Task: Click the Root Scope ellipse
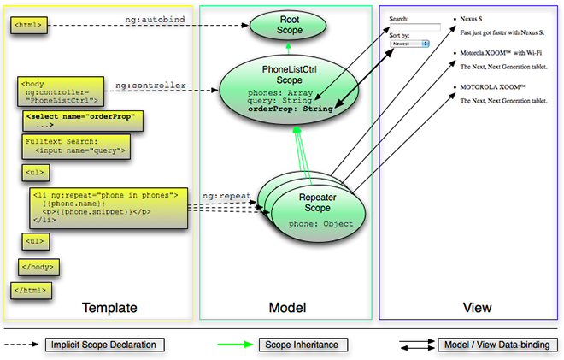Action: pyautogui.click(x=282, y=25)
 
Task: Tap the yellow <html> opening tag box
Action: pyautogui.click(x=28, y=26)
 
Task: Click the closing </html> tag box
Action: pyautogui.click(x=30, y=291)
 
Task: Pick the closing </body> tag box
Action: pyautogui.click(x=38, y=266)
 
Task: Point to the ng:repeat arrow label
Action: pyautogui.click(x=226, y=196)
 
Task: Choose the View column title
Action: pyautogui.click(x=477, y=307)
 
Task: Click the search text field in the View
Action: pyautogui.click(x=414, y=27)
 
